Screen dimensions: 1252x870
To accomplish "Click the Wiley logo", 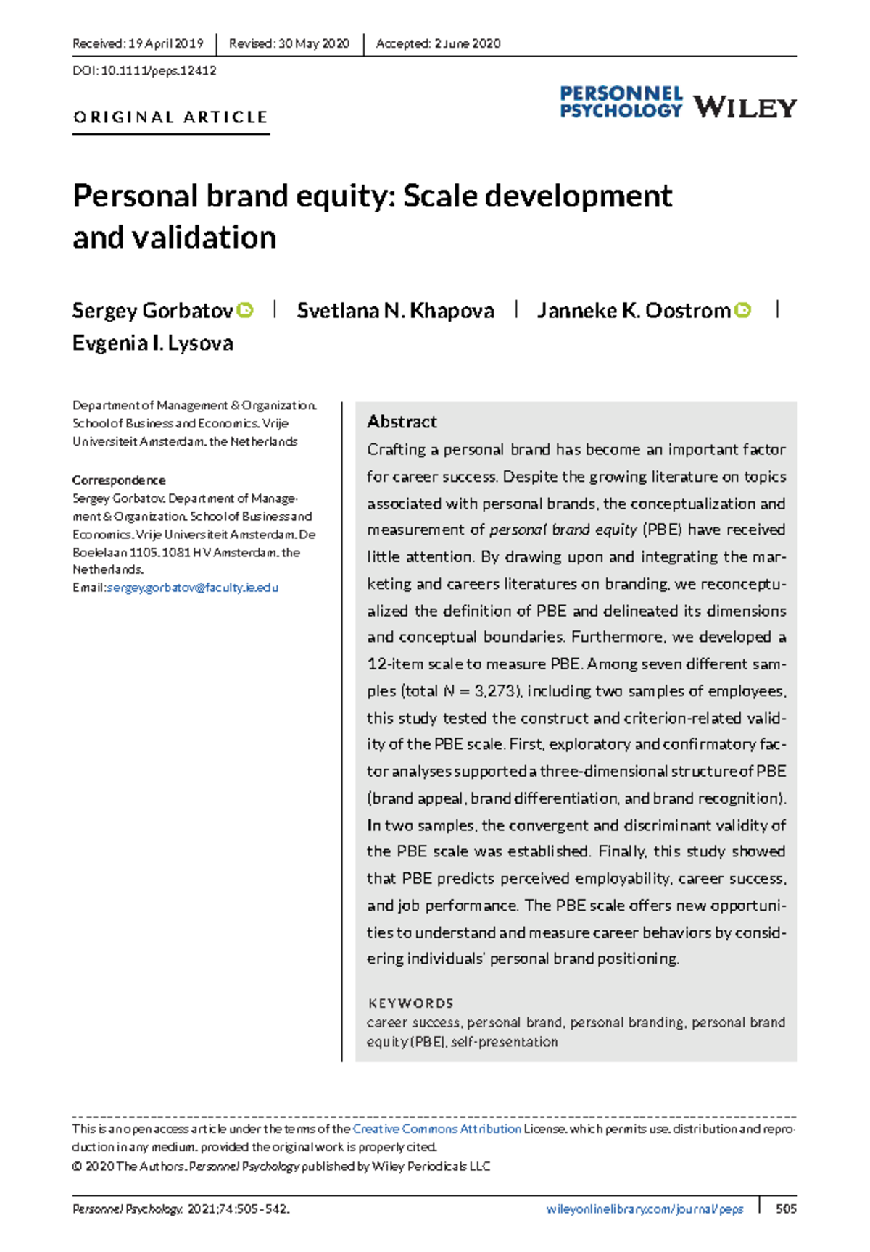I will point(745,107).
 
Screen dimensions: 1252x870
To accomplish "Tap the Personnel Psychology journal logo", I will point(621,102).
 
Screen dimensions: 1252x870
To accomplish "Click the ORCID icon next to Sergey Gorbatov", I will point(246,310).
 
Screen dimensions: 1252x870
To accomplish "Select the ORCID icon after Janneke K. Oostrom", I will point(742,310).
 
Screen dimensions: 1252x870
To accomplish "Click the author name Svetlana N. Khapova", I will point(395,311).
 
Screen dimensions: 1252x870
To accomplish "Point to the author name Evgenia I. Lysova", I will point(153,343).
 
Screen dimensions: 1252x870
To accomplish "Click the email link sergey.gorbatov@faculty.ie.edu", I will point(192,588).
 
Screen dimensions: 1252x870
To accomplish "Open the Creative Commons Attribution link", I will point(436,1129).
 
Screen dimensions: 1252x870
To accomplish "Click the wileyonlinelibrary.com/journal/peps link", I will point(645,1209).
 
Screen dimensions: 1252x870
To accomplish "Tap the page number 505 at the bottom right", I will point(786,1209).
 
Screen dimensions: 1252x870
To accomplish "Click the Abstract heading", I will point(402,422).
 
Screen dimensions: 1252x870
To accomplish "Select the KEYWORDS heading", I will point(411,1003).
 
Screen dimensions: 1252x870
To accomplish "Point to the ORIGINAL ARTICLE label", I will point(170,117).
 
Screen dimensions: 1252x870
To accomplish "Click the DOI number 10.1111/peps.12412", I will point(159,71).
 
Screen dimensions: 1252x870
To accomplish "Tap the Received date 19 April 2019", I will point(166,43).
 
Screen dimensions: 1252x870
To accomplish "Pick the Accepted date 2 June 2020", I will point(468,43).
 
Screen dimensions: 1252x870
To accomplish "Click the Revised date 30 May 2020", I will point(314,43).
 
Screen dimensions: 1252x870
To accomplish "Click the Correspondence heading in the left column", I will point(119,480).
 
